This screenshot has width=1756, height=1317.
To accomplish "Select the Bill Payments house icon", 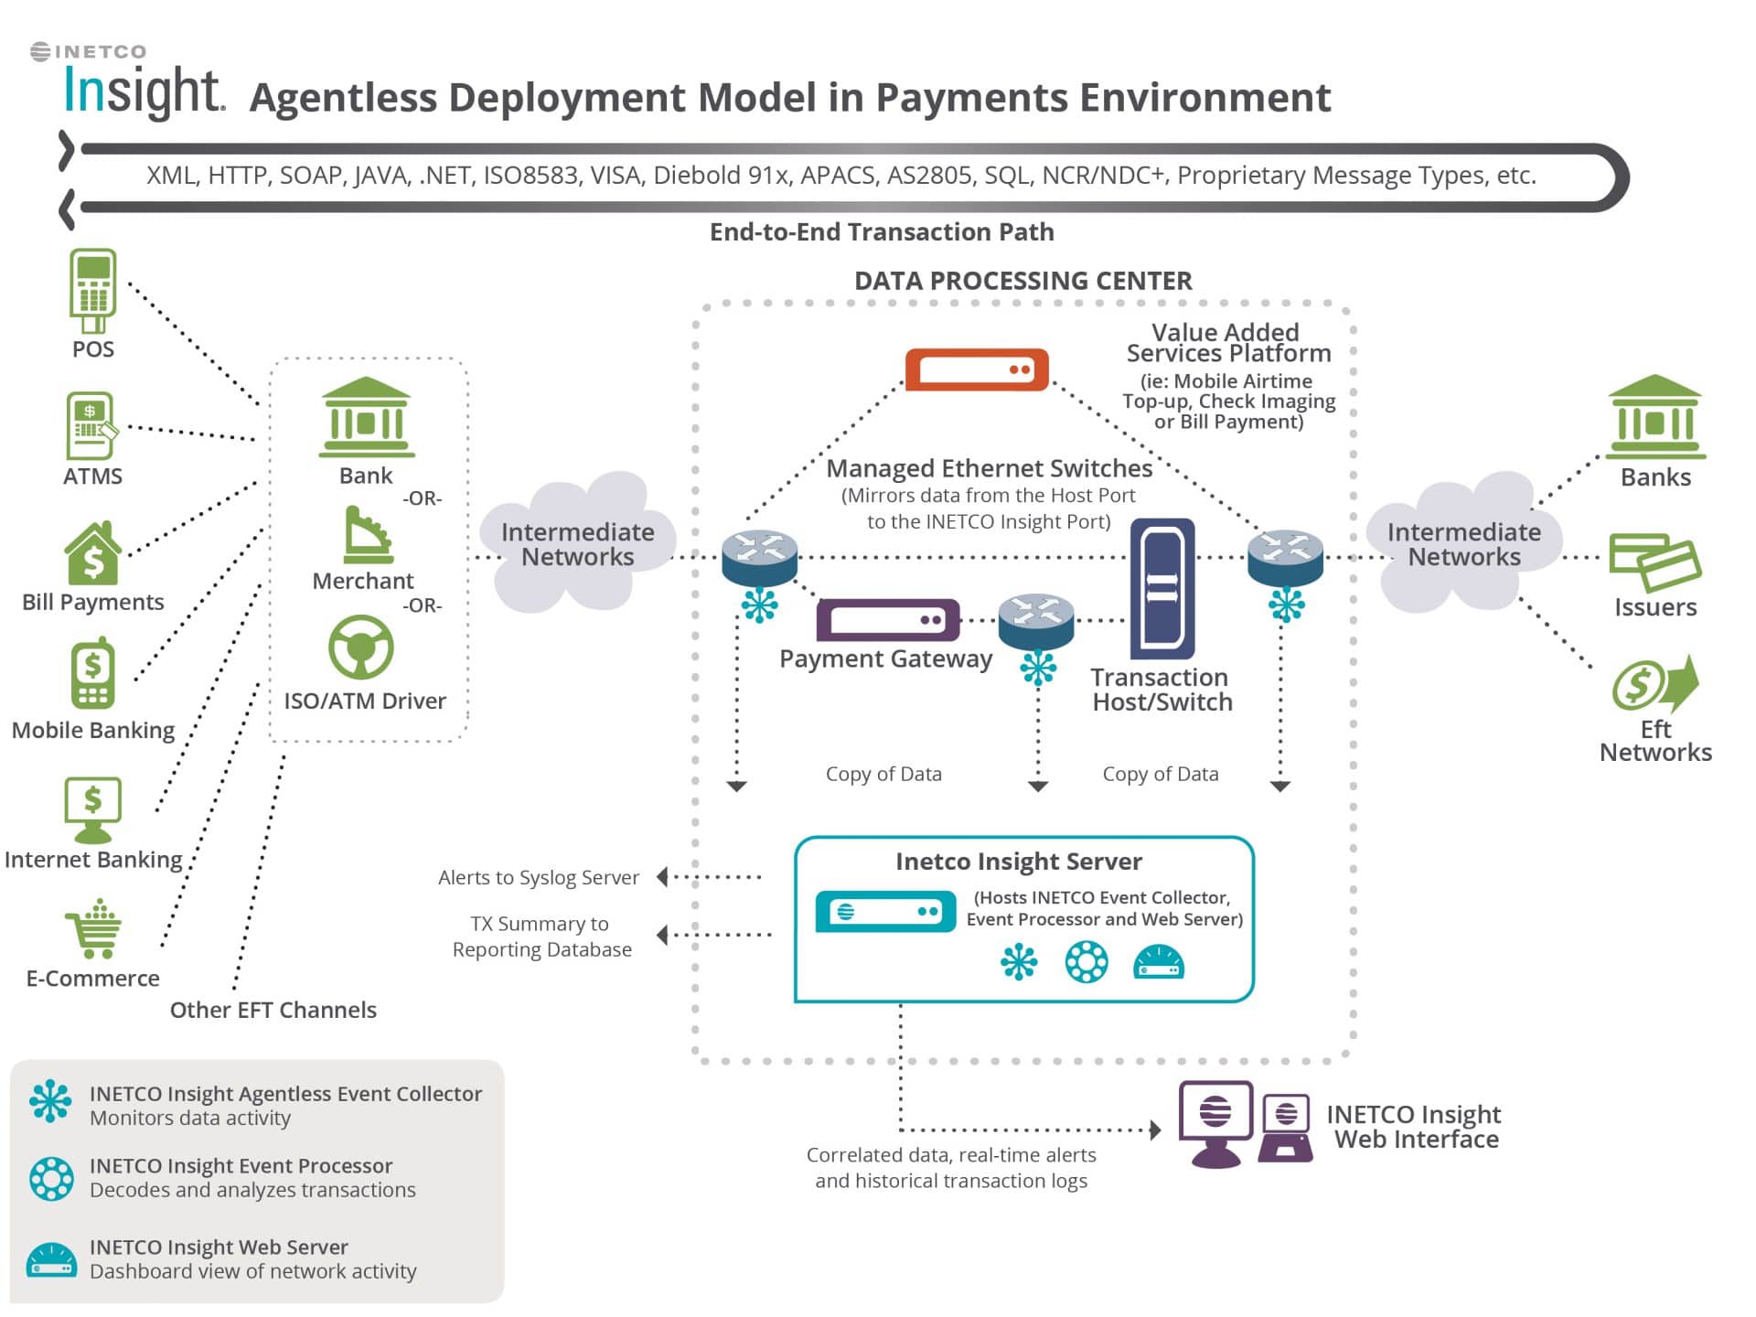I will (92, 554).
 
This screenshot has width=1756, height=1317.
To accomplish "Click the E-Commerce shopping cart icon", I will (94, 929).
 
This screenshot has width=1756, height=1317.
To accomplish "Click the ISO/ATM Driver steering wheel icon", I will (361, 648).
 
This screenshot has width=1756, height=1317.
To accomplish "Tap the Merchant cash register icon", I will (368, 536).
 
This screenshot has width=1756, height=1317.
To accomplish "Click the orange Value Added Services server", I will (977, 369).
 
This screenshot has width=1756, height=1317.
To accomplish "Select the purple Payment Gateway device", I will (888, 620).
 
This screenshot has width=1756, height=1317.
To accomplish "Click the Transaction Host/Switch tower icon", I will (1162, 588).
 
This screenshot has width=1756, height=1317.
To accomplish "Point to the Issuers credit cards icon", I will (1654, 562).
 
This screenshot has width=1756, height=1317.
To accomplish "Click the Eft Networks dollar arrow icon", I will (1654, 684).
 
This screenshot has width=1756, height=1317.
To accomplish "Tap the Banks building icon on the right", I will (1655, 417).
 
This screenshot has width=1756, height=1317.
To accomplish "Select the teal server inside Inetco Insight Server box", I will (885, 912).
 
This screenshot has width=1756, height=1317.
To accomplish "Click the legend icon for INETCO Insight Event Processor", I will (51, 1179).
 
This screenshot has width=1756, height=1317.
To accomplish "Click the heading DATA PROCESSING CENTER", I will (1023, 281).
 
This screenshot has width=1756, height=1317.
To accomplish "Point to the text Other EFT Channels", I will (273, 1010).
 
